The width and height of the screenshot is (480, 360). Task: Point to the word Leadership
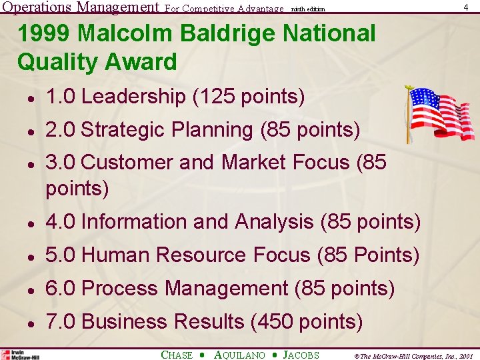(133, 97)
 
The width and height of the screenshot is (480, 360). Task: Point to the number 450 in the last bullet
(275, 322)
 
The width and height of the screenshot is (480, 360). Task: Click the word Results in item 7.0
(209, 322)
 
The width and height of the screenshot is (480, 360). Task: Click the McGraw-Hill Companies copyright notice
(407, 356)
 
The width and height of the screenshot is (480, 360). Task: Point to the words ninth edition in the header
(308, 9)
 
